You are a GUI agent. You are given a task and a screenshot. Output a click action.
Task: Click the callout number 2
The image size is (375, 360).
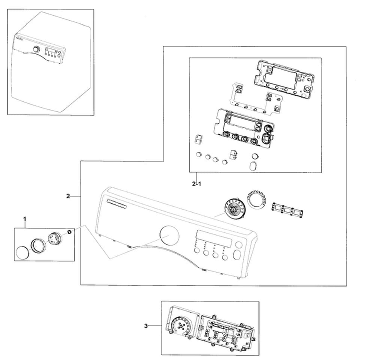pos(68,195)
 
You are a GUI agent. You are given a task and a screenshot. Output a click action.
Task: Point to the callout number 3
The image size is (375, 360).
pos(146,326)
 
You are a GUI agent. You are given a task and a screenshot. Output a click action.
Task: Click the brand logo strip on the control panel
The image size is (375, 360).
pos(118,204)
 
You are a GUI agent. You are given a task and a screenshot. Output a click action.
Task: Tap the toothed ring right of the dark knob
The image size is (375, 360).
pos(256,201)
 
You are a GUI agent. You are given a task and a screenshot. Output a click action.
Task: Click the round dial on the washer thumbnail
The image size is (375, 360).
pos(36,49)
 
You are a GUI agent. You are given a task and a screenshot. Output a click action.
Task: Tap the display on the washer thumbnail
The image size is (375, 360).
pos(52,51)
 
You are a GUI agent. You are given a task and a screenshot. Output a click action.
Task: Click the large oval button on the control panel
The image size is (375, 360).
pos(238,255)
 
